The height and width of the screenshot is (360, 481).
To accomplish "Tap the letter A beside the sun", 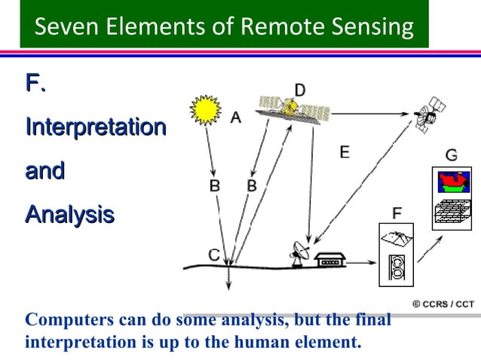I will pos(235,117).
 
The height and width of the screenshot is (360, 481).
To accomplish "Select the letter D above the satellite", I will pos(300,90).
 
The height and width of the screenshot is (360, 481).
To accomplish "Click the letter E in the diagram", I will pos(344,152).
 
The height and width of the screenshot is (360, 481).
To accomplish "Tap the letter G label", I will pos(451,155).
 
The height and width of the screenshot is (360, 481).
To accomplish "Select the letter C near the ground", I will pos(214,255).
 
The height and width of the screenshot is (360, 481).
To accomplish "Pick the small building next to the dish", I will pos(330,260).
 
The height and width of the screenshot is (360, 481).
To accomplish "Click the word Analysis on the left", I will pos(69,215).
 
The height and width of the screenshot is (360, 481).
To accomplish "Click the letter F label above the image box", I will pos(396,213).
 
